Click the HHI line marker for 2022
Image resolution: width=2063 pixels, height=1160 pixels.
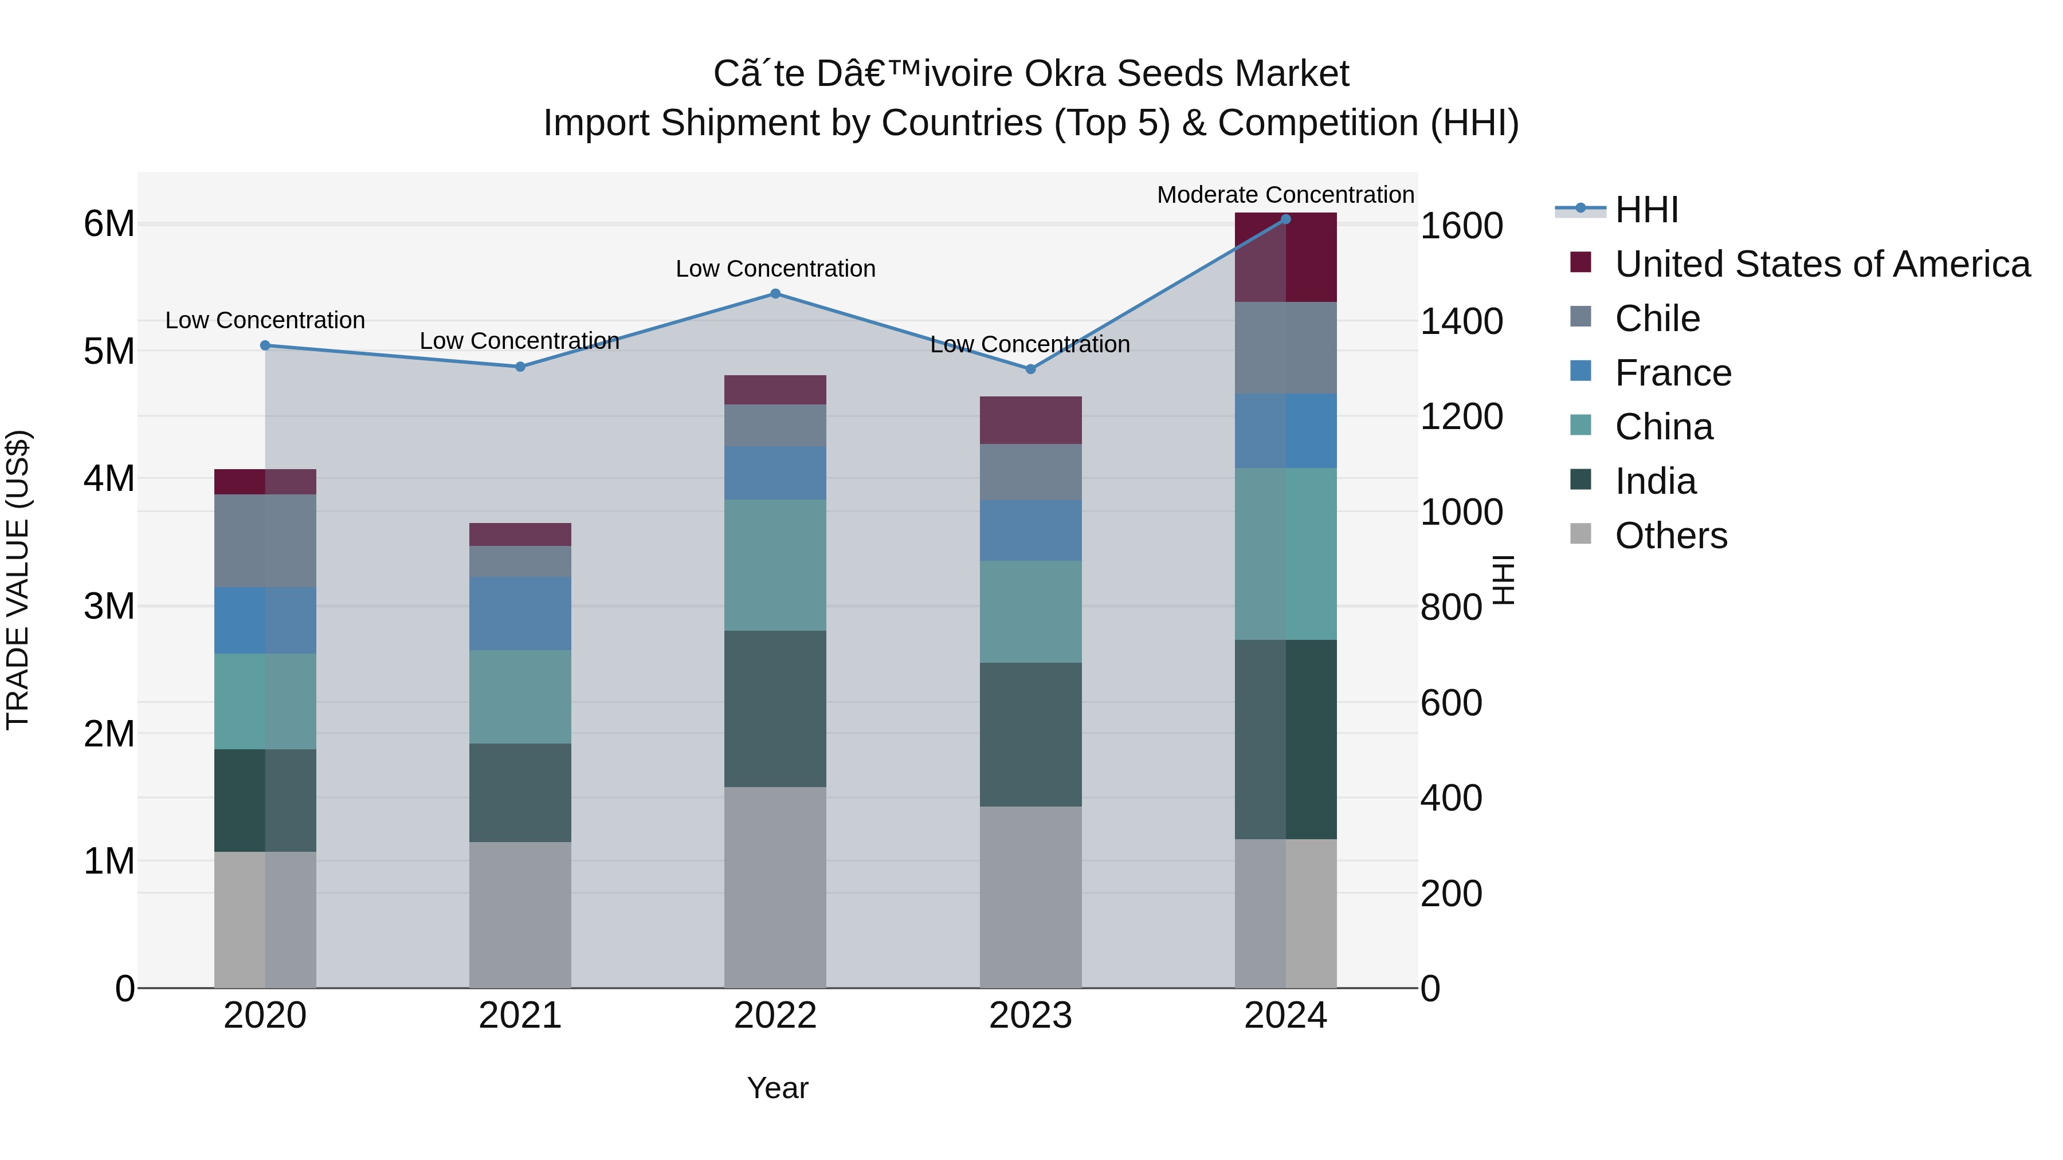pos(775,294)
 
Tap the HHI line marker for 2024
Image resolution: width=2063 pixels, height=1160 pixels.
pos(1285,219)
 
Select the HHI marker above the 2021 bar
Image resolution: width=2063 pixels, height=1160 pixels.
pos(520,367)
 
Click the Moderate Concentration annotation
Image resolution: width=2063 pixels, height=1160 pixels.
pos(1285,195)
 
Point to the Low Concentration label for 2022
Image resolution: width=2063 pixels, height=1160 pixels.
pos(775,269)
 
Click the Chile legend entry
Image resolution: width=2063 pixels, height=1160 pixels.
pos(1656,318)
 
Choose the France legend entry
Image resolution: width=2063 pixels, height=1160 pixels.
pos(1672,373)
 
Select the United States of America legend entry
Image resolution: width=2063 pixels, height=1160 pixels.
pos(1822,264)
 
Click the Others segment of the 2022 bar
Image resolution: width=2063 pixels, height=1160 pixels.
pos(775,887)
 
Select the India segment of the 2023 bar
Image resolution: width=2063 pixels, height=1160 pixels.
pos(1031,734)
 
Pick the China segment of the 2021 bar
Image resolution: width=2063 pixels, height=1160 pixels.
pos(520,697)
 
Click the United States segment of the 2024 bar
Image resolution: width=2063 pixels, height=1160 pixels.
pos(1285,258)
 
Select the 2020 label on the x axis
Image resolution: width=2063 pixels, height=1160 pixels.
pos(265,1016)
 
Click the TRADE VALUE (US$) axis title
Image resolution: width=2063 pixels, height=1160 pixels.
pos(18,580)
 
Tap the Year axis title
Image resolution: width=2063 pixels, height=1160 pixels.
pos(778,1088)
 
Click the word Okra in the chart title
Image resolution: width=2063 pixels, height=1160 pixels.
pos(1065,74)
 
